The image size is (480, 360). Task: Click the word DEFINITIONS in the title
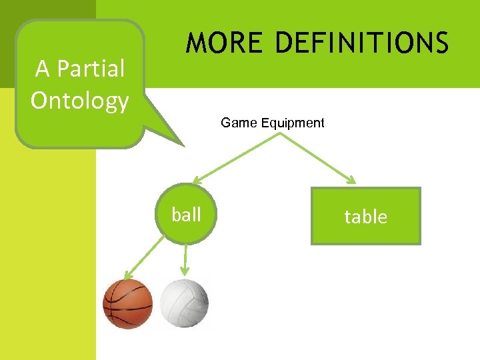coord(362,43)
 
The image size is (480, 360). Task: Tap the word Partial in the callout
coord(95,69)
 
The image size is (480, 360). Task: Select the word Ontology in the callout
coord(79,100)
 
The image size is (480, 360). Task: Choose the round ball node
coord(186,214)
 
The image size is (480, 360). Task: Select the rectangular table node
coord(366,216)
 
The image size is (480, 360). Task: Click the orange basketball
coord(127,304)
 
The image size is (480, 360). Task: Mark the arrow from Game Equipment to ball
coord(237,157)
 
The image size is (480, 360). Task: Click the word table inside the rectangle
coord(366,216)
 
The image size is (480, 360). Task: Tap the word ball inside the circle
coord(186,214)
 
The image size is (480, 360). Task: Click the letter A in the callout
coord(43,69)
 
